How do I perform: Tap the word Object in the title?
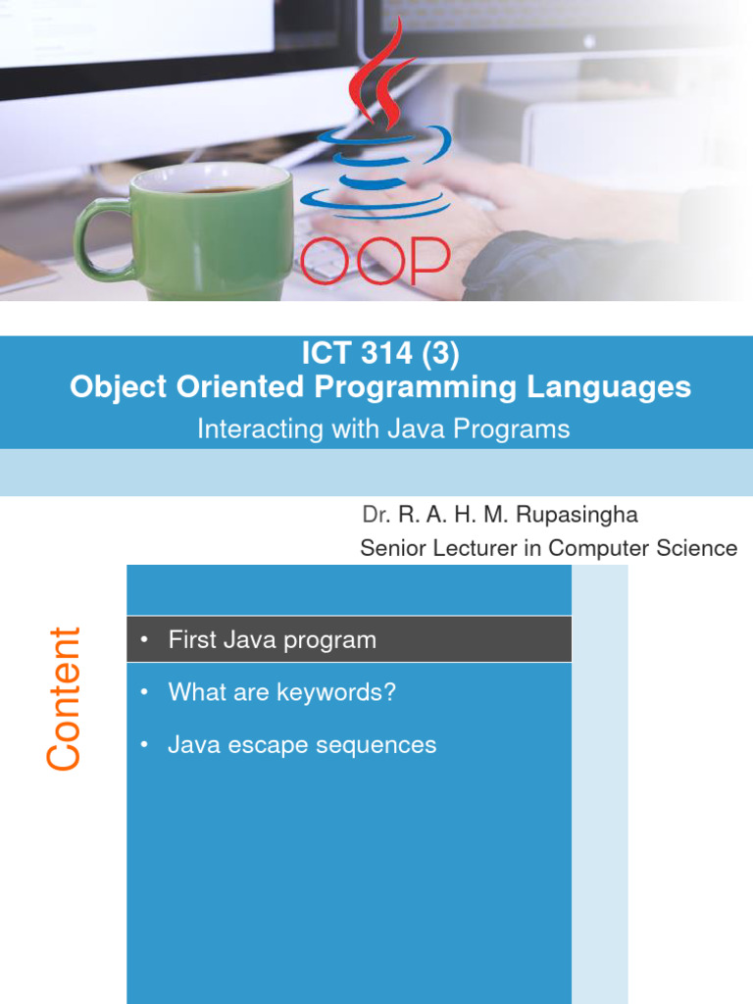[x=120, y=387]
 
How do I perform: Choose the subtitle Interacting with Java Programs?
[x=383, y=429]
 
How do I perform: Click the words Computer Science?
[x=642, y=548]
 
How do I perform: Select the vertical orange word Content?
[x=64, y=698]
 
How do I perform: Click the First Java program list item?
[x=272, y=640]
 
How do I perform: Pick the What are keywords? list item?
[x=281, y=692]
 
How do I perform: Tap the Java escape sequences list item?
[x=302, y=745]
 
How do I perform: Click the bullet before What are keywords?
[x=143, y=693]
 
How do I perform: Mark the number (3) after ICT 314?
[x=439, y=350]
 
